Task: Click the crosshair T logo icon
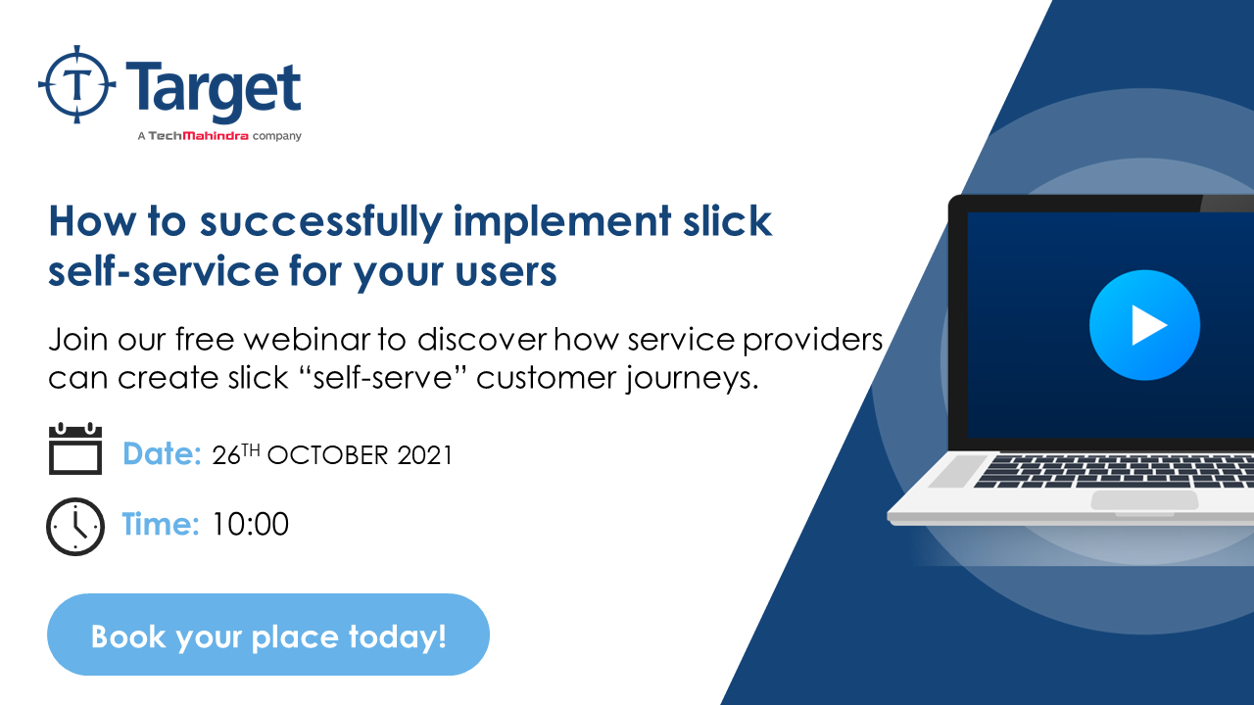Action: coord(77,84)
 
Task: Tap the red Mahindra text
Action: coord(216,136)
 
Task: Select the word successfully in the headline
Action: coord(320,222)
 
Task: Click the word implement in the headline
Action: coord(562,222)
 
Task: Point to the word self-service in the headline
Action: coord(164,271)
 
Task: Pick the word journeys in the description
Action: coord(693,379)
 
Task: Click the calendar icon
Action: coord(75,448)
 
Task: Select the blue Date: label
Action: coord(162,453)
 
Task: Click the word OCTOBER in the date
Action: coord(327,455)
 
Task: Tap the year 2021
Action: coord(425,455)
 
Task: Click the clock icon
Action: coord(75,526)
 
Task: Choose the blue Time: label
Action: coord(161,524)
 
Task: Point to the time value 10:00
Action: coord(250,524)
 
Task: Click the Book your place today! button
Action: coord(268,634)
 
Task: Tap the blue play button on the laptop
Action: coord(1145,325)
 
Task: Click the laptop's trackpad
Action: coord(1145,500)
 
